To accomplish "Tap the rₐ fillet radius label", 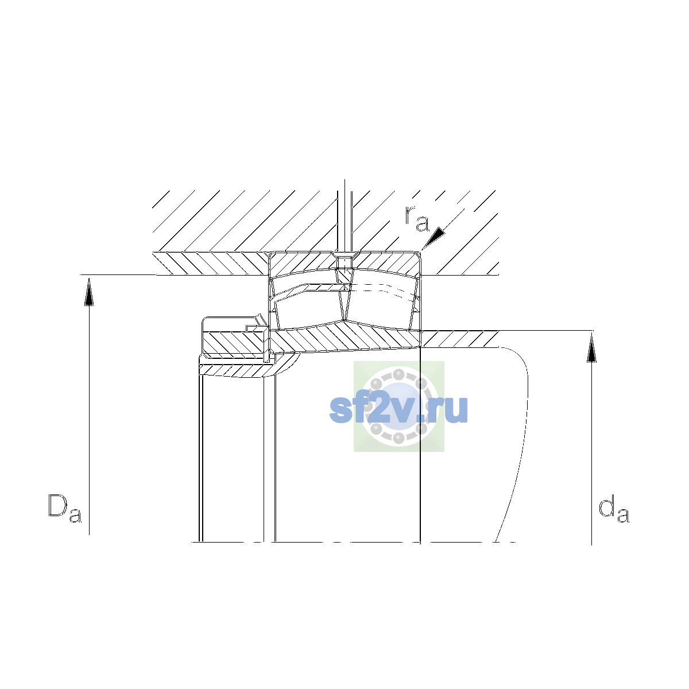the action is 416,218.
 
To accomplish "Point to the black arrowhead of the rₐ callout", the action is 436,237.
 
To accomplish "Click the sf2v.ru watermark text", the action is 398,410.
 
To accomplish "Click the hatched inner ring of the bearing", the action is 345,338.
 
